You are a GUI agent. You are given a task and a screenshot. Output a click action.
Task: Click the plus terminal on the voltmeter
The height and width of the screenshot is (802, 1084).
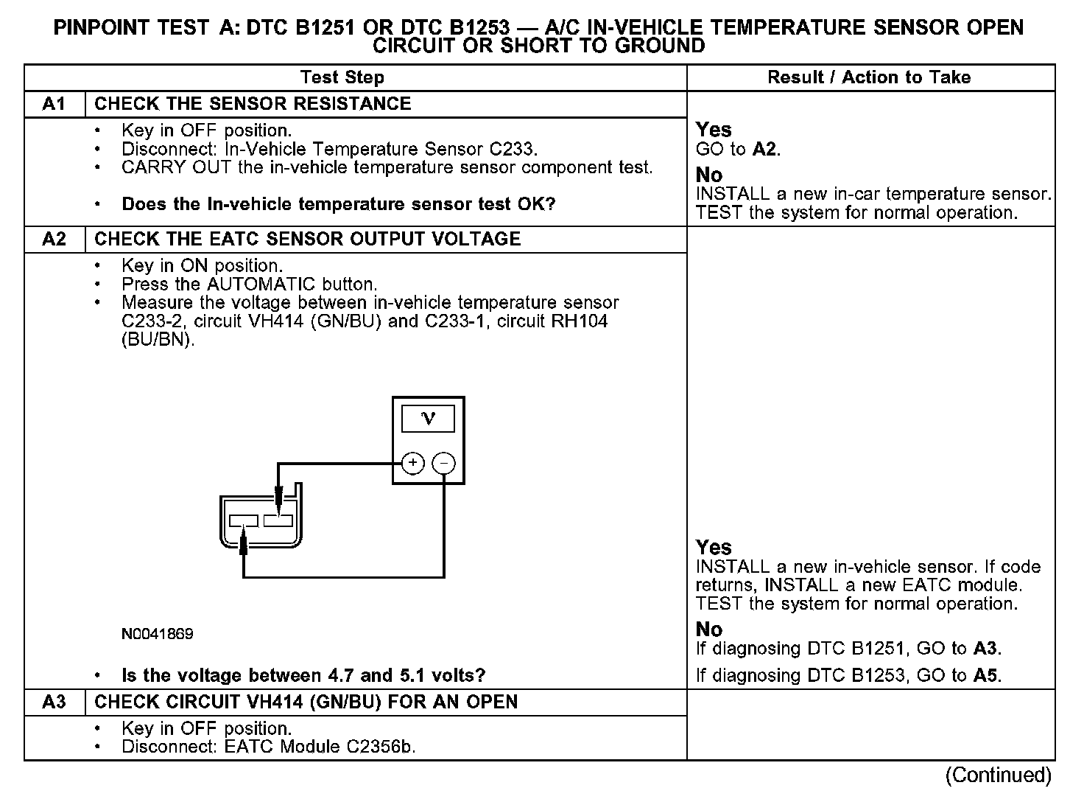pos(413,463)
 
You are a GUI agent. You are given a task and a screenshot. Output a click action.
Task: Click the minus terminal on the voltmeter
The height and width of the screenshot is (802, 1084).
pos(444,463)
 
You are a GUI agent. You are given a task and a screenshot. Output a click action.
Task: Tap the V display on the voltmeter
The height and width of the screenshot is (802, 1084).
pos(428,419)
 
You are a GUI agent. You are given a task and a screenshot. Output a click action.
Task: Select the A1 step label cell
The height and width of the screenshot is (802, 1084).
pos(54,104)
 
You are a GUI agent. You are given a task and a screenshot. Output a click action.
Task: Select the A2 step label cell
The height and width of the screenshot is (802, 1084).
pos(54,240)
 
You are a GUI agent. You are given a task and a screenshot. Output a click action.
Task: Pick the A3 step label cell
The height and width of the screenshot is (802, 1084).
pos(54,702)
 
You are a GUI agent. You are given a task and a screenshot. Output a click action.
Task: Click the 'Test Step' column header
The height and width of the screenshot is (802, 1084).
pos(342,77)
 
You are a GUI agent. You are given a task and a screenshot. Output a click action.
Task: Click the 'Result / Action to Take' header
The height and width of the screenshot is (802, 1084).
pos(869,77)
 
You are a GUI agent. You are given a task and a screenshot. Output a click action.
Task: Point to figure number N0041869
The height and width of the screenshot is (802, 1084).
pos(158,634)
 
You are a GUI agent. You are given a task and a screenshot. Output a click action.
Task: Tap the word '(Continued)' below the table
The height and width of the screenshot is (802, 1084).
pos(999,775)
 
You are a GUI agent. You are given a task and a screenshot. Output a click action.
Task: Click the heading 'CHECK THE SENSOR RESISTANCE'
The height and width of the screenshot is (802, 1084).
pos(253,104)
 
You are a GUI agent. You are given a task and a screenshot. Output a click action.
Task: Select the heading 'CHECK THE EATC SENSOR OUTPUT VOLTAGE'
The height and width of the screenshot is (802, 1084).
pos(307,240)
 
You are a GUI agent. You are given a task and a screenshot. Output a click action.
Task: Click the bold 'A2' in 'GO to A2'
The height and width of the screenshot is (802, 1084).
pos(765,150)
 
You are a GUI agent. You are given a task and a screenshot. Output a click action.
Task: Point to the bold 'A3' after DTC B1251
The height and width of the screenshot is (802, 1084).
pos(986,649)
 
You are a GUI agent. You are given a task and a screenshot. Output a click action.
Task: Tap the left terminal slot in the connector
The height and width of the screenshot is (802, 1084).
pos(243,521)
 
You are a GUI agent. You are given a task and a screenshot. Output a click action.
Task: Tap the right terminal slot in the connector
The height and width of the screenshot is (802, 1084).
pos(278,521)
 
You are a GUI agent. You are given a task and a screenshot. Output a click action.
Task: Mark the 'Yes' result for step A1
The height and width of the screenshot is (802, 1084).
pos(714,130)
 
